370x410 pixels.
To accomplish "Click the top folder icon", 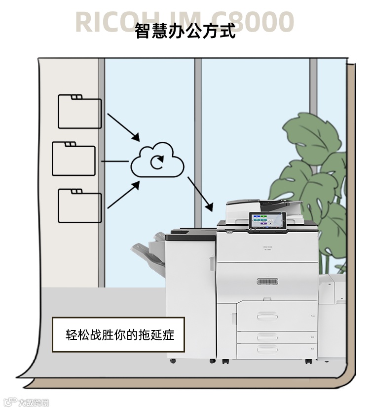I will point(79,112).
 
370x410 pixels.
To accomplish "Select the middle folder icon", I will point(74,159).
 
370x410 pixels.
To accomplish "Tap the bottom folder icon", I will point(79,205).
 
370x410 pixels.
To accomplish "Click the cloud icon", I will point(157,160).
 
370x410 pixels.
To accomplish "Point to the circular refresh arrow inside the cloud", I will point(157,162).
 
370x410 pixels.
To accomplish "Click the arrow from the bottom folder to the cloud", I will point(123,195).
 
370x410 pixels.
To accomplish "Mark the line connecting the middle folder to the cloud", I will point(115,161).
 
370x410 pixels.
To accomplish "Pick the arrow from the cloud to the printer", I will point(200,194).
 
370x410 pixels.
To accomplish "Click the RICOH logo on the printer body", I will point(268,245).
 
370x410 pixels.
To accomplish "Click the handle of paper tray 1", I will point(267,316).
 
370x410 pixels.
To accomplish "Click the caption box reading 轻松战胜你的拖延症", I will point(118,334).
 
